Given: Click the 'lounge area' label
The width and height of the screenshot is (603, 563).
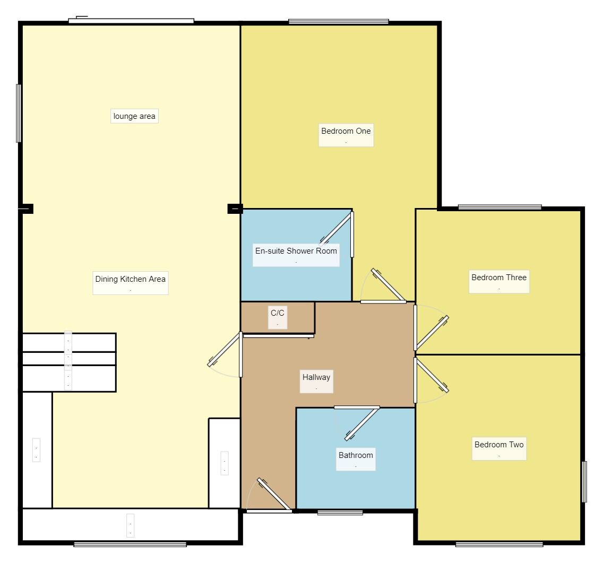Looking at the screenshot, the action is point(134,116).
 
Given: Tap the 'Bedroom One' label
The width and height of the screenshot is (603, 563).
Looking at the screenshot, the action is point(346,131).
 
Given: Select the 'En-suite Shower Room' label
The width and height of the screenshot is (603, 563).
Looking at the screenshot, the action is point(296,251).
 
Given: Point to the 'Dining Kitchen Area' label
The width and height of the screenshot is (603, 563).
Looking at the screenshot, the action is point(131,279).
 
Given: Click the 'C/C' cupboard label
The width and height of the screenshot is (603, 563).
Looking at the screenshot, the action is point(277,313).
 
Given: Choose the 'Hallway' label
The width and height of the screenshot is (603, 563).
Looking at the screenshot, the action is point(316,377).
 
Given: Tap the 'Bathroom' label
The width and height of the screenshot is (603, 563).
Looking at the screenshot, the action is point(356,455).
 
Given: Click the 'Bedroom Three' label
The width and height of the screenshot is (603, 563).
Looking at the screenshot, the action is point(499,278).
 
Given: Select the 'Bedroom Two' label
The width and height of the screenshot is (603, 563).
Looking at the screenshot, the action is point(499,445).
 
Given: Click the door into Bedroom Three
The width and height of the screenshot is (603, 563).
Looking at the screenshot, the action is point(432,332).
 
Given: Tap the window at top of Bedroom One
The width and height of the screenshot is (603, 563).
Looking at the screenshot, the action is point(339,22).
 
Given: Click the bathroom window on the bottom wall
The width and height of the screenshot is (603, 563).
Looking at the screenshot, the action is point(340,512).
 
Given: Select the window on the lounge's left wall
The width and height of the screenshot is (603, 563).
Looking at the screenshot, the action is point(19,113).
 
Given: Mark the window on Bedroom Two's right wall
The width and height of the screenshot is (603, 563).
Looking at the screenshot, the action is point(584,481).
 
